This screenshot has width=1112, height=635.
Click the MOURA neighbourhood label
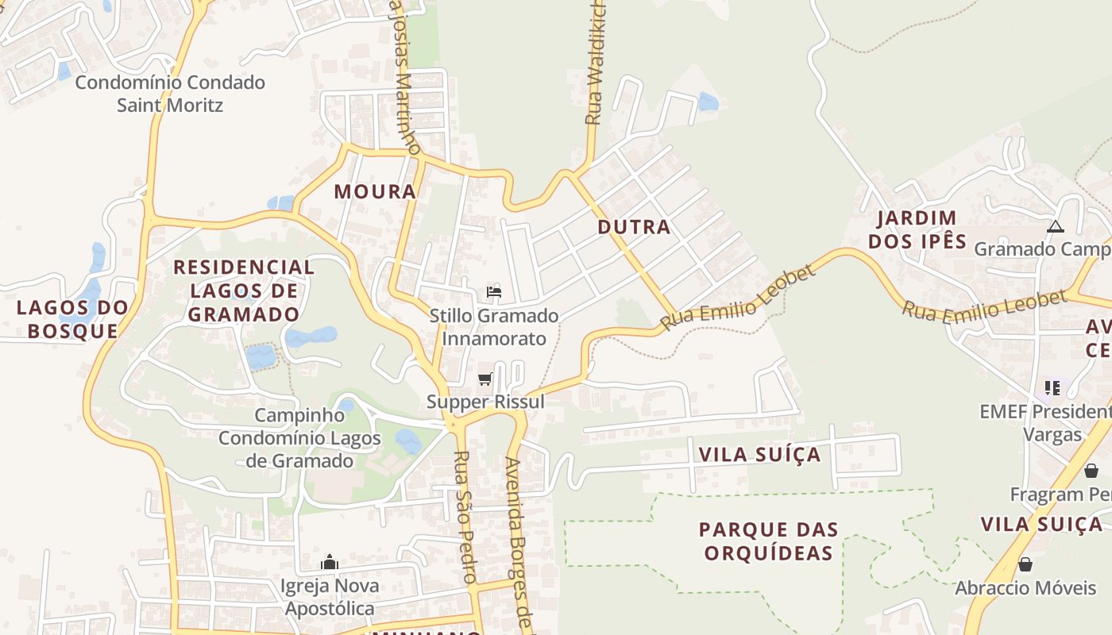point(375,191)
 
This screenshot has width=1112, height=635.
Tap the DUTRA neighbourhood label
point(634,227)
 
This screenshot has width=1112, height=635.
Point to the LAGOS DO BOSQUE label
point(72,319)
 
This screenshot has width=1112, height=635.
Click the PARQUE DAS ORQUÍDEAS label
point(768,541)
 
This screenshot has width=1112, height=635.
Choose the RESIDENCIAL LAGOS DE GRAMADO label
point(245,291)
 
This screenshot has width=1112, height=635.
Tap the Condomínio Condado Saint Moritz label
point(170,94)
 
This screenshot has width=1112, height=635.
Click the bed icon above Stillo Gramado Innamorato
point(494,292)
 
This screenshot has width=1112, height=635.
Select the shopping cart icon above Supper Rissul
point(485,379)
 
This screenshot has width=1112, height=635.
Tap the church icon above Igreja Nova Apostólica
point(330,563)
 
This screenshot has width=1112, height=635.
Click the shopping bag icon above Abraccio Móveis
point(1025,564)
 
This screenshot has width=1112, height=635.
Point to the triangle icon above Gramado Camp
point(1055,227)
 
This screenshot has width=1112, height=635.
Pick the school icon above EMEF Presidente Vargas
point(1052,388)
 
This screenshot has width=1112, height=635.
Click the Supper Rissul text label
point(486,402)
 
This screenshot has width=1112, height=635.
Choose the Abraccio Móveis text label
point(1025,588)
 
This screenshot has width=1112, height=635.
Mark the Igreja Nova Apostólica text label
point(329,598)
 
